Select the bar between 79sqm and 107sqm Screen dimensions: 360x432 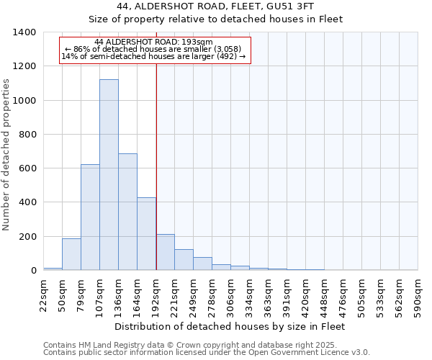[90, 217]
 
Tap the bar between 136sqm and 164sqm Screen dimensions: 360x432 [127, 212]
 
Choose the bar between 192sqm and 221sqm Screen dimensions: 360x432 [165, 252]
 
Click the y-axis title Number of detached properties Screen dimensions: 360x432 [6, 166]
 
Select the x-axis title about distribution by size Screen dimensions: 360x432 [230, 326]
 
